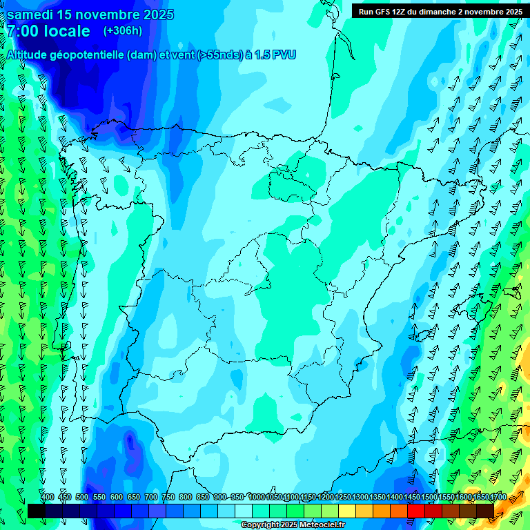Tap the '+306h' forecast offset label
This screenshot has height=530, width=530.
tap(122, 31)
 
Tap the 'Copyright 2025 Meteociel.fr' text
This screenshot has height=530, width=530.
tap(293, 525)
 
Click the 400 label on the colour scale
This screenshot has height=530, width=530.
tap(48, 498)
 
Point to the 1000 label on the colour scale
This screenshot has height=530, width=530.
tap(257, 498)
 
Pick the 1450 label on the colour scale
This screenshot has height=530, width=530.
tap(412, 498)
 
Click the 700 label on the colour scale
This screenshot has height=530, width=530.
tap(151, 498)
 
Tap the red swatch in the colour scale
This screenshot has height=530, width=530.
tap(415, 511)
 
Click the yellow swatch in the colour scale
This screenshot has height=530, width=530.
tap(346, 511)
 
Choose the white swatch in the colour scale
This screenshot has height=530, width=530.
tap(243, 511)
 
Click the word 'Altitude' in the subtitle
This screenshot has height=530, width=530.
tap(29, 55)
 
